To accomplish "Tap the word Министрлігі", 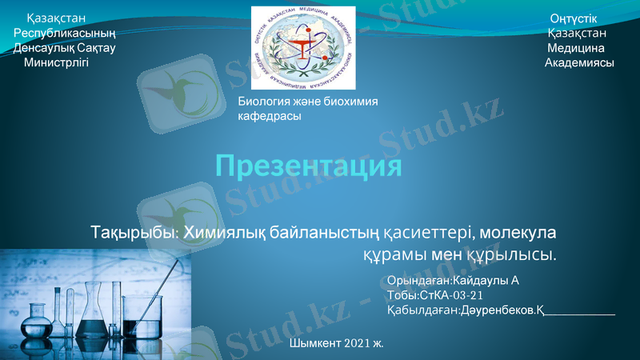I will [56, 62].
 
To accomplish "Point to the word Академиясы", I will [579, 62].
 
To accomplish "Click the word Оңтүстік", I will [573, 18].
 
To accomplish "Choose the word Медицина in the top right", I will [575, 48].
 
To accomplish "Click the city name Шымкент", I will [316, 343].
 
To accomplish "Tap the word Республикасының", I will [65, 33].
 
